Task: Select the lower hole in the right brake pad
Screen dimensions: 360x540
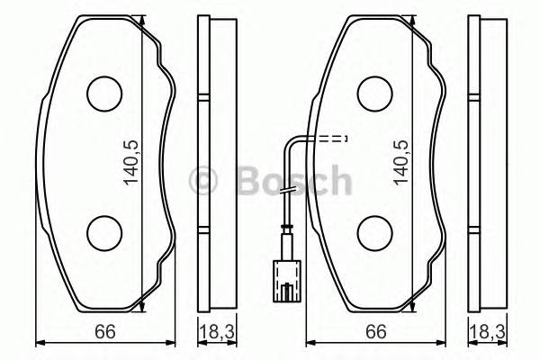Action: [x=374, y=233]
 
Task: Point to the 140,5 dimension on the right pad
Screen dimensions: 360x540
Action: [x=400, y=162]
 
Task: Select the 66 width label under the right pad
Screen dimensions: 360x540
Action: [x=374, y=332]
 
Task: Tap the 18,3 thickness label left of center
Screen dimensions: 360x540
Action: [x=211, y=332]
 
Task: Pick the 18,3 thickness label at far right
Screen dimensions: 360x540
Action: [x=483, y=332]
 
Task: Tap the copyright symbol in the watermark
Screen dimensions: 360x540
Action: [x=205, y=181]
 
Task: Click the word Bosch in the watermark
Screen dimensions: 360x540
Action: [x=292, y=181]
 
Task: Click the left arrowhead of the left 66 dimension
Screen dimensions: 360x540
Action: [x=40, y=344]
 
